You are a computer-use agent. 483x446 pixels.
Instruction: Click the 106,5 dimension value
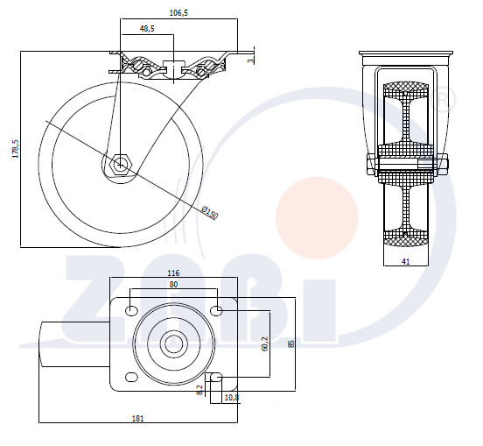178,13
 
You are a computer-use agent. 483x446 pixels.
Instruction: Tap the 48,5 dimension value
147,29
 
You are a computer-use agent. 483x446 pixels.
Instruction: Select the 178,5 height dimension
16,149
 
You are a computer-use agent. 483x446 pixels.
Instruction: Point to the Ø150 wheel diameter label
210,213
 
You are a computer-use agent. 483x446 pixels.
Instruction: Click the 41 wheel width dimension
406,262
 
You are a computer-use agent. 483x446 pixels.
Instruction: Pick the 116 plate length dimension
173,273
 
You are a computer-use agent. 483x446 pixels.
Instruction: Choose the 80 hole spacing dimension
174,284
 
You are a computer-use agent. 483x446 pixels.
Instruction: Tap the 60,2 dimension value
264,343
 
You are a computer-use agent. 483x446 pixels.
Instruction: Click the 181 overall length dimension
137,418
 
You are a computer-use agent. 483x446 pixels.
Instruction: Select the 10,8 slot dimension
232,398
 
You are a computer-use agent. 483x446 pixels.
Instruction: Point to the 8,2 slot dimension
199,390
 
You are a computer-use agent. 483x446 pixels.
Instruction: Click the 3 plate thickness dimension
251,60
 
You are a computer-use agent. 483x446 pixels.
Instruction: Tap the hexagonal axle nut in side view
120,165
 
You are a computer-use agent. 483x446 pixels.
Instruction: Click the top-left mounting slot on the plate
131,310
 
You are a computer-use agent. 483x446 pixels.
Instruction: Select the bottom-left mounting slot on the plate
131,377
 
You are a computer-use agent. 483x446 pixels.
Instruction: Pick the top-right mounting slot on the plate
216,310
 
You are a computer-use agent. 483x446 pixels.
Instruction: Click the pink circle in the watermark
317,218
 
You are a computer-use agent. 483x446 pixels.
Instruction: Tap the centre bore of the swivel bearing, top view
173,343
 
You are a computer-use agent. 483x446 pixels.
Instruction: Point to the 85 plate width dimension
290,343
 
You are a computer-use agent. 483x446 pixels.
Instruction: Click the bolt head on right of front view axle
443,165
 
